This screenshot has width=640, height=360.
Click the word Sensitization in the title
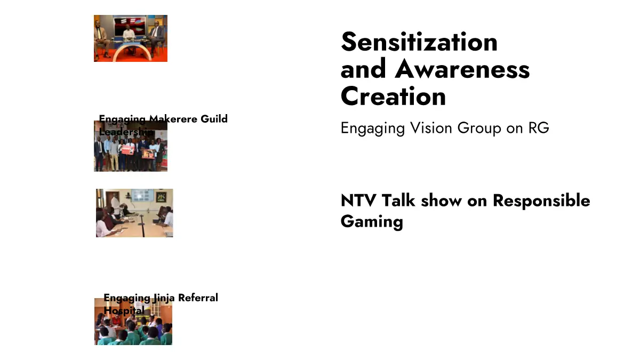tap(419, 42)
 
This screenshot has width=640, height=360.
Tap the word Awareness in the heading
tap(462, 69)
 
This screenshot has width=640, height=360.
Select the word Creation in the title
tap(393, 97)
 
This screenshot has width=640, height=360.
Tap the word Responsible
tap(541, 201)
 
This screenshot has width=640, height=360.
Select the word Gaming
tap(372, 221)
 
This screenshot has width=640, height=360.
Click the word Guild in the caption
tap(214, 118)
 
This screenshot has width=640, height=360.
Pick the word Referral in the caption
tap(198, 298)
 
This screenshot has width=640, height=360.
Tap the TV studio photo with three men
tap(131, 38)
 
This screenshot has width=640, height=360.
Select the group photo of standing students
tap(131, 146)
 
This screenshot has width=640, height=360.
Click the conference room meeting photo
tap(134, 213)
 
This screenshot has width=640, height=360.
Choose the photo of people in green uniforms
tap(133, 322)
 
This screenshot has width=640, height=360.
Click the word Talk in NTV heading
tap(398, 201)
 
